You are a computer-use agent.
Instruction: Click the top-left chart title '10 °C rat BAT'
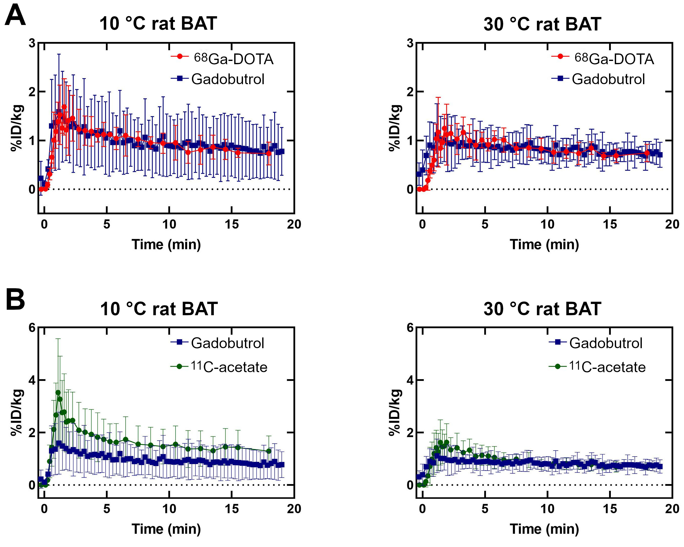[x=158, y=24]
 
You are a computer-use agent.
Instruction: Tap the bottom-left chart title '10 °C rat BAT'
[x=159, y=309]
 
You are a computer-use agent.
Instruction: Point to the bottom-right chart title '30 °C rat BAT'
[x=542, y=309]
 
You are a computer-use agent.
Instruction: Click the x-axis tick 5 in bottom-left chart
[x=107, y=509]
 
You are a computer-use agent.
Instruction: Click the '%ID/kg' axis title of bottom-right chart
[x=395, y=412]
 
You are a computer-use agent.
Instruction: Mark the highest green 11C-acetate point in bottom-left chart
[x=58, y=392]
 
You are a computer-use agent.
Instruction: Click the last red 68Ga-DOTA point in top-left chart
[x=269, y=153]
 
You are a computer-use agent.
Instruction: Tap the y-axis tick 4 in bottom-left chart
[x=32, y=380]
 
